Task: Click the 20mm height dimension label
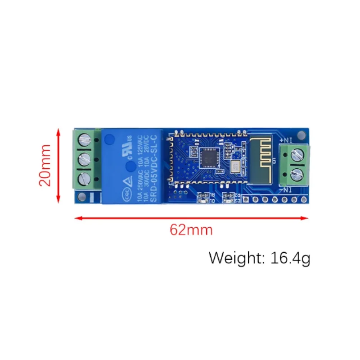pyautogui.click(x=45, y=165)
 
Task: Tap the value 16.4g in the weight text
pyautogui.click(x=291, y=258)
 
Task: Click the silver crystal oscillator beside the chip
pyautogui.click(x=235, y=167)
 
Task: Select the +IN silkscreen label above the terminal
pyautogui.click(x=287, y=140)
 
